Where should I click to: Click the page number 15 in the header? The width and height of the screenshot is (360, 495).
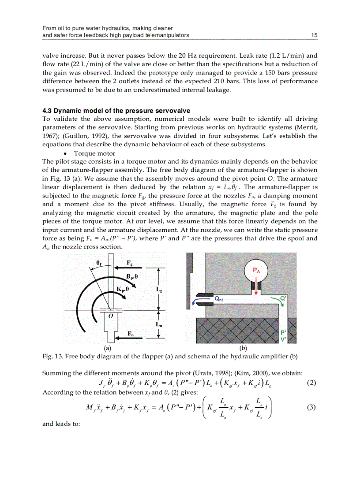[314, 35]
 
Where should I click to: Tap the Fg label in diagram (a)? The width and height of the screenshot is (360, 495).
[130, 263]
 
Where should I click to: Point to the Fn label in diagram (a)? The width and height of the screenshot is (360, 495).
[131, 333]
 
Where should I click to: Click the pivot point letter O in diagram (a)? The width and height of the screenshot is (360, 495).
[110, 316]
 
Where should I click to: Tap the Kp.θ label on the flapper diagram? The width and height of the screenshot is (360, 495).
[123, 289]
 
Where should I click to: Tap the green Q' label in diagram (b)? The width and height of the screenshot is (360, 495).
[284, 298]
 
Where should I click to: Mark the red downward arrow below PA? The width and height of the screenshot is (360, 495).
[256, 286]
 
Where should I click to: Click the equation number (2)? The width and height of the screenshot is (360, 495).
[311, 382]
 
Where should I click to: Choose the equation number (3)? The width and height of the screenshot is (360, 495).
[311, 407]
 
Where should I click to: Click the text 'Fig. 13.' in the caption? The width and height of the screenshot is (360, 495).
[51, 356]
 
